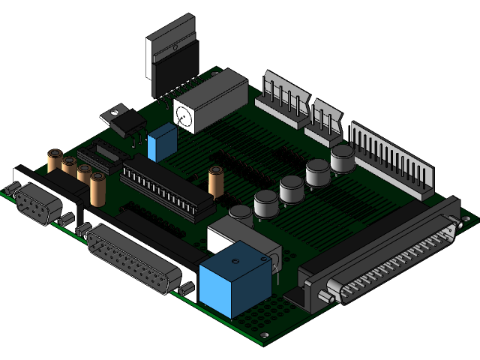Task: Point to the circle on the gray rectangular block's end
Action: (182, 115)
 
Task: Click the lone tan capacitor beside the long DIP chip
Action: (217, 182)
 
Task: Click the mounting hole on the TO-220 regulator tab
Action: (113, 114)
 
